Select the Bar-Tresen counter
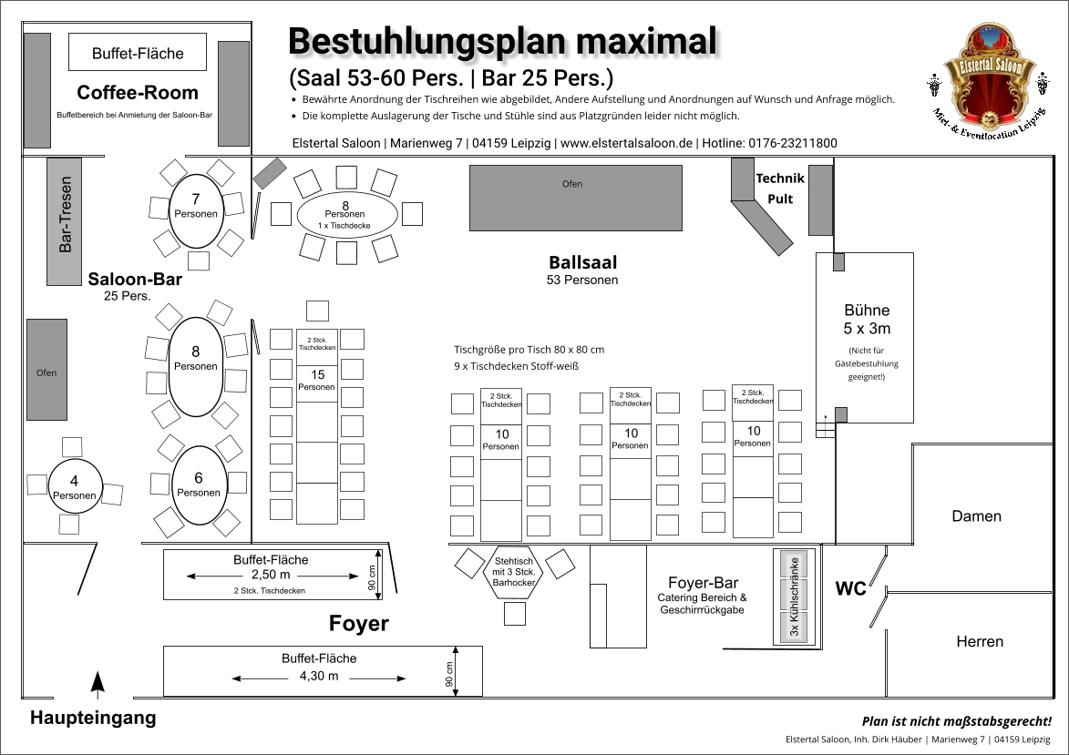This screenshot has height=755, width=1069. click(65, 221)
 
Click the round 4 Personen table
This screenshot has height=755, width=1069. click(75, 487)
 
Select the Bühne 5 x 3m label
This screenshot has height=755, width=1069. click(867, 319)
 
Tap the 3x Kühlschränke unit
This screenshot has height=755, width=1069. click(794, 597)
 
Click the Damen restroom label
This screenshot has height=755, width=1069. click(977, 516)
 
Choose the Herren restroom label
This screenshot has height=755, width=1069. click(980, 641)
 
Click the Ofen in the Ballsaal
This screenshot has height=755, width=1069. click(575, 197)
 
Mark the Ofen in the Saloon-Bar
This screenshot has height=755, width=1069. click(46, 369)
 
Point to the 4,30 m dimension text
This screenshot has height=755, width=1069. click(319, 676)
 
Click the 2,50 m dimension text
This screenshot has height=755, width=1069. click(271, 575)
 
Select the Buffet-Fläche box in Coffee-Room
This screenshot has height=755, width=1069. click(138, 53)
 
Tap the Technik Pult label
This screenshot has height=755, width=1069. click(780, 189)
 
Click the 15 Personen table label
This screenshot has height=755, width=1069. click(317, 381)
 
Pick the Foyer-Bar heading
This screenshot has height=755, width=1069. click(703, 583)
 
